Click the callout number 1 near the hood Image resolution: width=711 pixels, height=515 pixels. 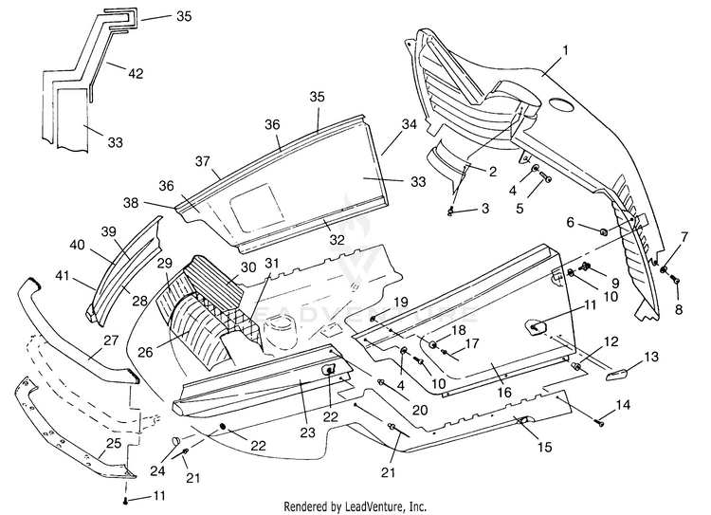click(565, 50)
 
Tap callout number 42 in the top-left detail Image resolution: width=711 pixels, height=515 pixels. click(136, 73)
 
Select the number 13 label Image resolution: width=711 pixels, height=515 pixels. click(650, 357)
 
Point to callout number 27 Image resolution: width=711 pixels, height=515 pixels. click(111, 340)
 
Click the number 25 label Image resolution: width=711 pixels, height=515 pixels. click(113, 443)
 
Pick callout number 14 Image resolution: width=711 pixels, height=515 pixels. click(623, 404)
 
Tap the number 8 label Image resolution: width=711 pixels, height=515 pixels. click(679, 309)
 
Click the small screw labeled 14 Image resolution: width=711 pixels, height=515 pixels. click(602, 423)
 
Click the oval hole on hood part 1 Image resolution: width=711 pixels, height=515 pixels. click(561, 105)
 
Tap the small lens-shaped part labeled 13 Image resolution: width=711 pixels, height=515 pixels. click(616, 376)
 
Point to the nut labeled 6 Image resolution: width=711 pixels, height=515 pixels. click(604, 232)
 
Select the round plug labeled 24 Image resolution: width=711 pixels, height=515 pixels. click(175, 440)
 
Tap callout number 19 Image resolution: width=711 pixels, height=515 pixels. click(400, 303)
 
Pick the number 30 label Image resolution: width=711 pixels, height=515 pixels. click(248, 267)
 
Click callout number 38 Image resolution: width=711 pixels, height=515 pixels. click(131, 202)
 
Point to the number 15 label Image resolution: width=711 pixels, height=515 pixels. click(544, 447)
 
